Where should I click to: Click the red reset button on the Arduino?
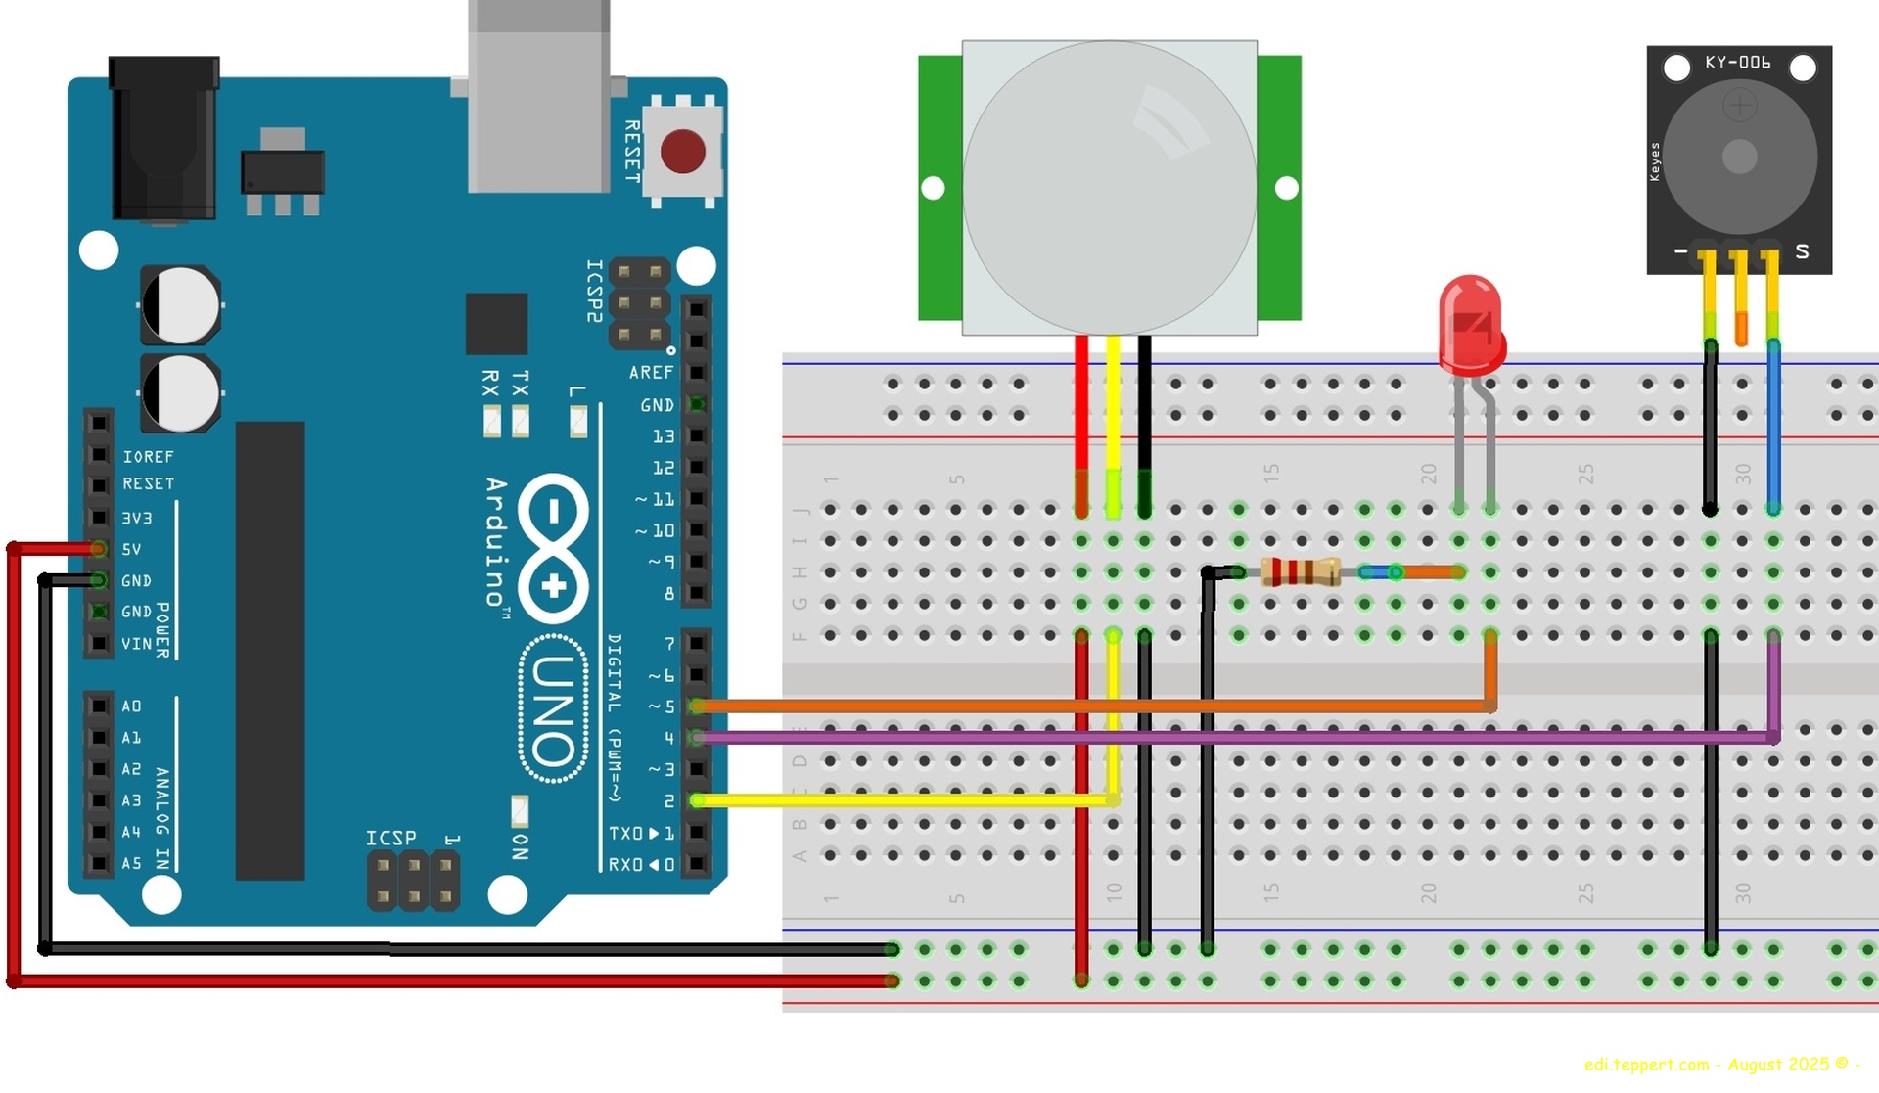682,153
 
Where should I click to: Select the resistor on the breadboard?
1300,571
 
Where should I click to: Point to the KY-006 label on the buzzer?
1737,63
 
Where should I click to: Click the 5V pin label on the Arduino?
131,550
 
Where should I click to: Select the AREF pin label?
651,373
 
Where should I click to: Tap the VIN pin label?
136,644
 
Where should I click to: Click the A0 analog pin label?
131,706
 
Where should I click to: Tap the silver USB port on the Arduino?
538,98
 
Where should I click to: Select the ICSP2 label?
594,291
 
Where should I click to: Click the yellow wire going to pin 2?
900,800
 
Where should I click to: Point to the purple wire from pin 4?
1174,738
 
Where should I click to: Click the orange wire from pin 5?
1077,706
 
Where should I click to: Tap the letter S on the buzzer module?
1802,251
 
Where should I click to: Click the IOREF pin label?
148,457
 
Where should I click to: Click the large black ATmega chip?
270,651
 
